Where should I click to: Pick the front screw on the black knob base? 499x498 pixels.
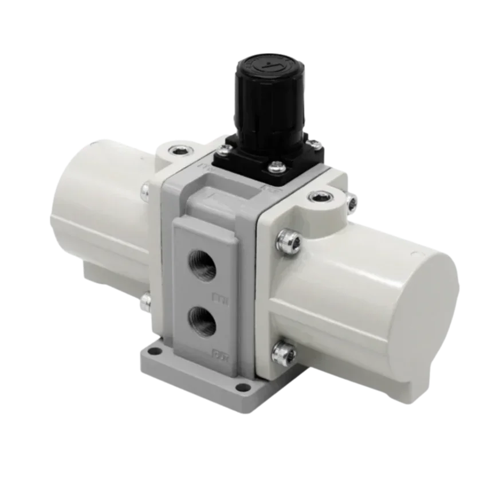276,168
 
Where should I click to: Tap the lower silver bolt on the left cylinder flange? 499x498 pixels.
145,297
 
